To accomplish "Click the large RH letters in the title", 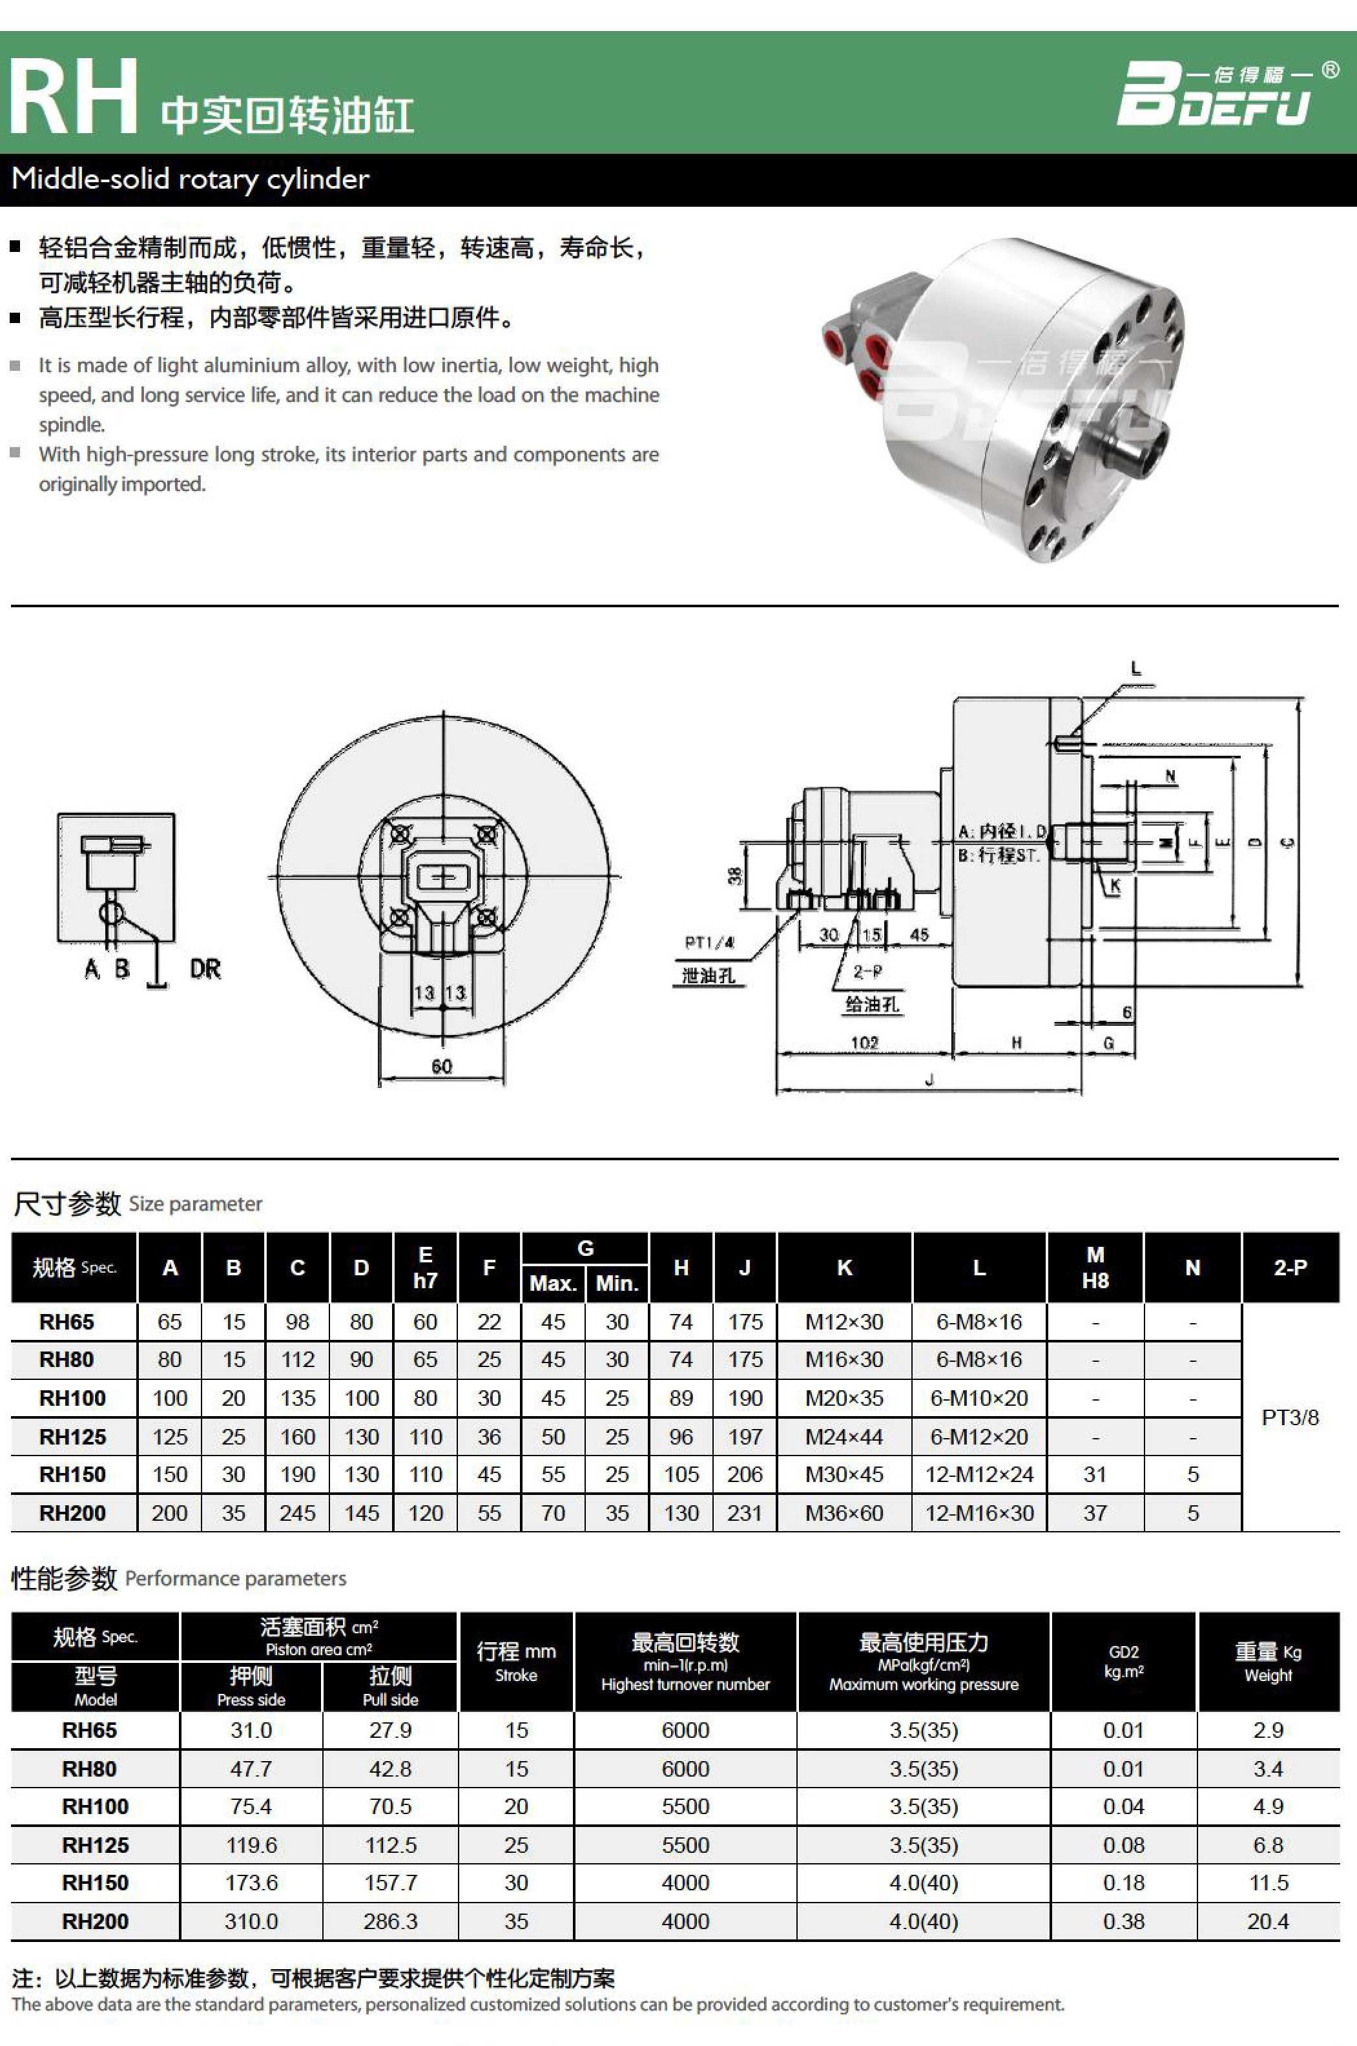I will (x=73, y=97).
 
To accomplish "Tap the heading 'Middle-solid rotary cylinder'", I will (x=191, y=179).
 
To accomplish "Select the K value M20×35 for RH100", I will (x=844, y=1398).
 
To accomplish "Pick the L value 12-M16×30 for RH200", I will (x=979, y=1513).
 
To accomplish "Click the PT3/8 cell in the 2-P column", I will (x=1289, y=1417).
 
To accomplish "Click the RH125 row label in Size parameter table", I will (x=73, y=1437).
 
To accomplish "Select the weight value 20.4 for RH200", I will (x=1267, y=1921).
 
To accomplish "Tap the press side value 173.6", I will (x=251, y=1883).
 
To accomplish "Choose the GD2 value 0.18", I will (x=1123, y=1883).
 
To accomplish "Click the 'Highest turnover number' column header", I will (x=685, y=1662).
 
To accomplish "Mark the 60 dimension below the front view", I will (x=441, y=1066).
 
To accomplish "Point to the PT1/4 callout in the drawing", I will (x=709, y=943).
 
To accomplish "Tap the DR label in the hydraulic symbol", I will (x=205, y=968).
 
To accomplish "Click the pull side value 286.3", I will (x=390, y=1921).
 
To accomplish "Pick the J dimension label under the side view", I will (x=929, y=1080).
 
